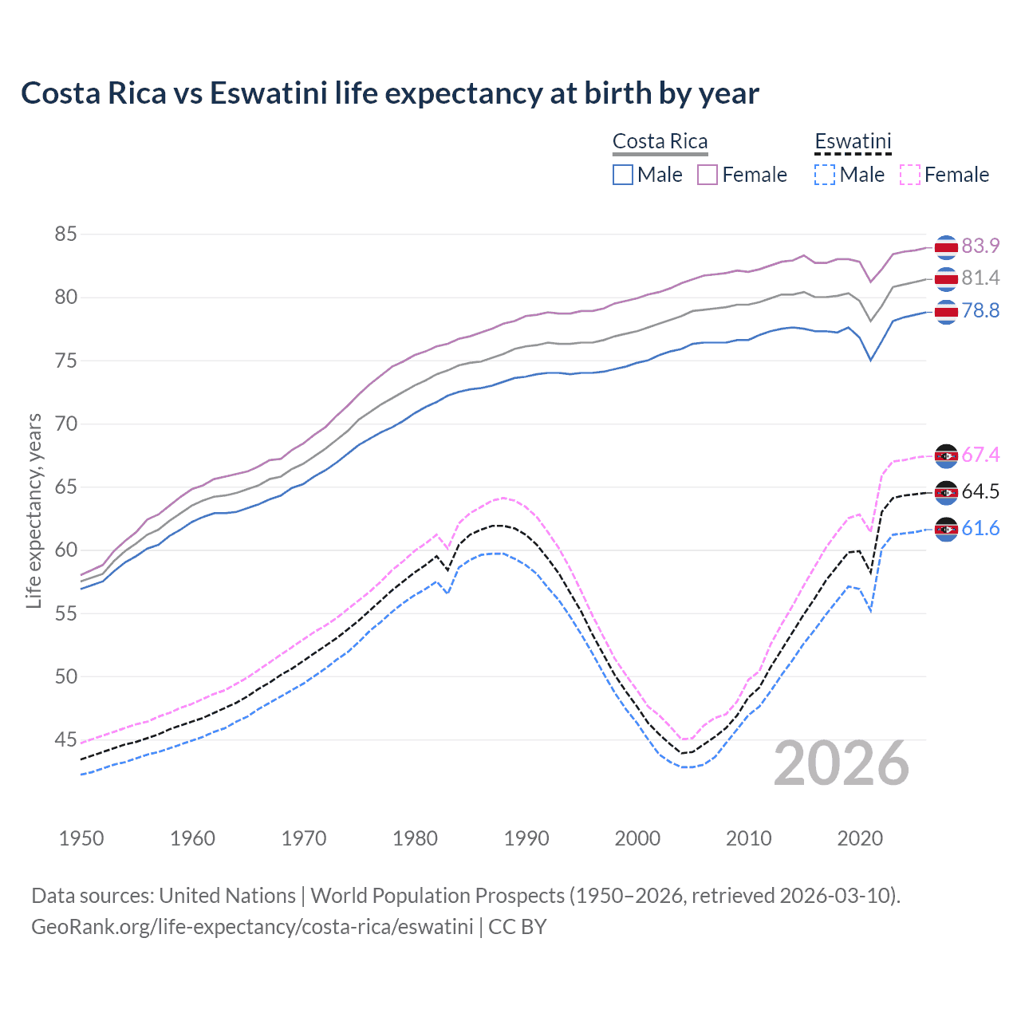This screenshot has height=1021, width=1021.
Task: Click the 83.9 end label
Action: [980, 246]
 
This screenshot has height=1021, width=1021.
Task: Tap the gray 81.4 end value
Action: [980, 278]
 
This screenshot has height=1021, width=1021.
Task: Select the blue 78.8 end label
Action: [980, 310]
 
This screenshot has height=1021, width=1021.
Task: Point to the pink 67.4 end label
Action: [980, 455]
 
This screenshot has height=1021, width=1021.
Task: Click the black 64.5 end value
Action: [980, 491]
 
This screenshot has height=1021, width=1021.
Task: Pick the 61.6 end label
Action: [980, 528]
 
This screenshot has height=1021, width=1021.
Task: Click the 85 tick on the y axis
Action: [65, 234]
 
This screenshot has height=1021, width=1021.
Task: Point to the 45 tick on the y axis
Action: [65, 739]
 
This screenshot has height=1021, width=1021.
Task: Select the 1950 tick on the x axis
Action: [81, 838]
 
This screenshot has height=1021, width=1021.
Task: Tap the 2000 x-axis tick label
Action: [637, 838]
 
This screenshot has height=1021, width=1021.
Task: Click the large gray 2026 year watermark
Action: [842, 763]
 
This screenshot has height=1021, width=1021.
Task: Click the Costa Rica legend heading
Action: [660, 141]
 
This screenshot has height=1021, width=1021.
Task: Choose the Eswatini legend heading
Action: [853, 141]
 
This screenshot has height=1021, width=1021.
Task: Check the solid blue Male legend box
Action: [623, 175]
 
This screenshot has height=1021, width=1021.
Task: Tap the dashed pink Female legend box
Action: [910, 175]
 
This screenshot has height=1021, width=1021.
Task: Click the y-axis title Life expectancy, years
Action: [34, 510]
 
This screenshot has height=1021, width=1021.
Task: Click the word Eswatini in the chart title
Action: [269, 93]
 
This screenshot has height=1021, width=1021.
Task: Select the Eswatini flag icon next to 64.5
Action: [946, 492]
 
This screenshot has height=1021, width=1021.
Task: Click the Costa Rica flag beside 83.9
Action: [946, 247]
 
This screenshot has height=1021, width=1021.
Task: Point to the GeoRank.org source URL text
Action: [252, 927]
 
